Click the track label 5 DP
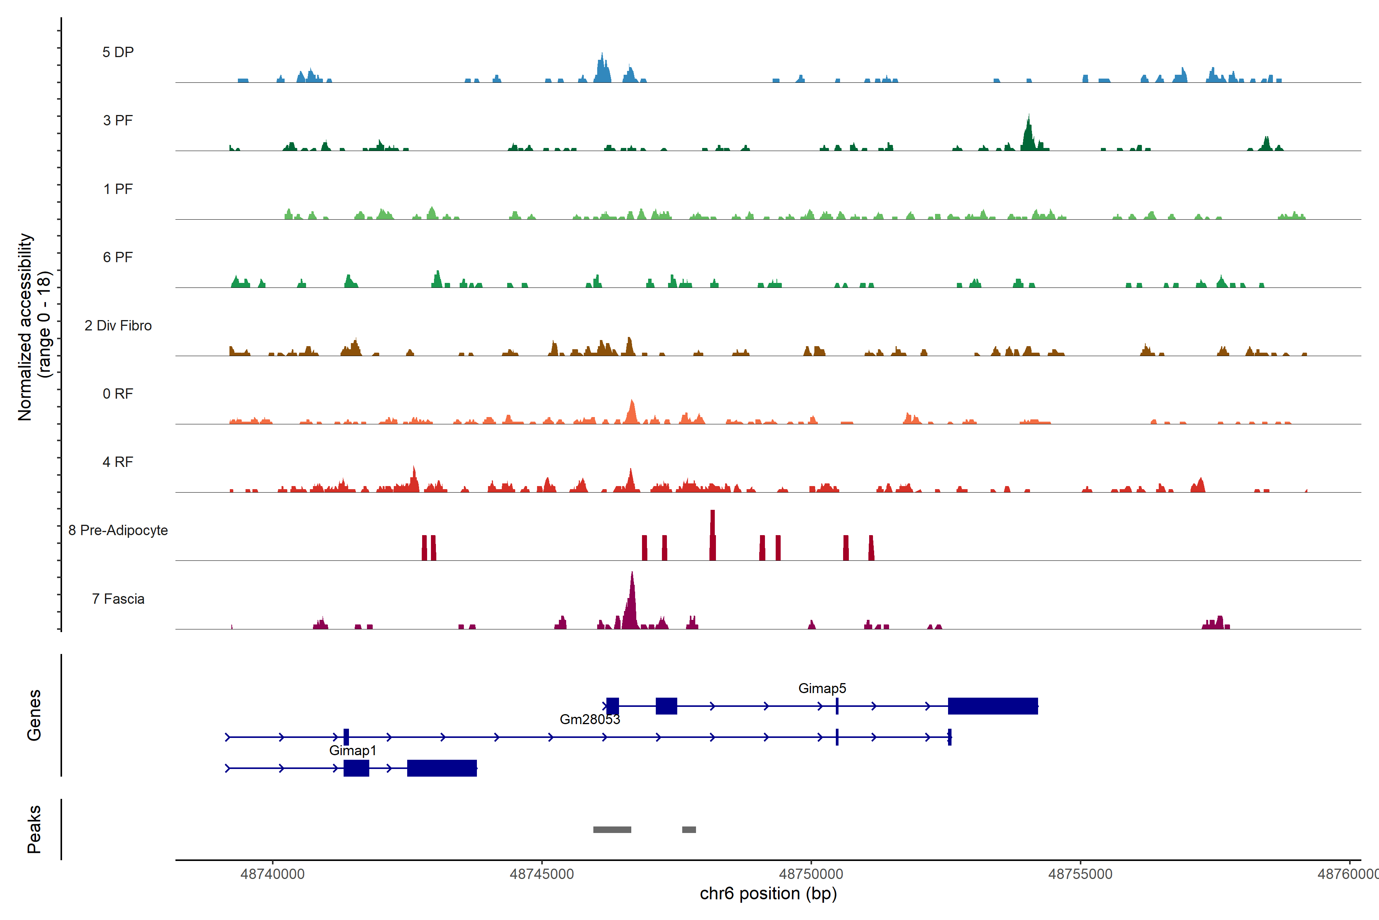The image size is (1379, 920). (x=118, y=52)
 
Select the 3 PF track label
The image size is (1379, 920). (x=118, y=120)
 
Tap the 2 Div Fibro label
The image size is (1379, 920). (x=118, y=325)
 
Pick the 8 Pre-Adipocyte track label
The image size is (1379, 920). (x=118, y=531)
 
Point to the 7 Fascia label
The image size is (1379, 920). (x=118, y=599)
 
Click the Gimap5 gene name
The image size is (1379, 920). (x=822, y=688)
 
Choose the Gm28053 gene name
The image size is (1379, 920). (x=590, y=720)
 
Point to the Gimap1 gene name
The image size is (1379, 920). (x=353, y=751)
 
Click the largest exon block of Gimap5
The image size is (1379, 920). (x=992, y=706)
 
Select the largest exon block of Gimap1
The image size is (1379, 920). (x=442, y=768)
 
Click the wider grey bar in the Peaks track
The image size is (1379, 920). (x=612, y=830)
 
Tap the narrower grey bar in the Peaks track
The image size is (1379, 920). (x=689, y=830)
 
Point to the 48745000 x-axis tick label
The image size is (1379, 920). (x=542, y=874)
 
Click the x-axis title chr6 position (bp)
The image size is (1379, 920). (x=768, y=894)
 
